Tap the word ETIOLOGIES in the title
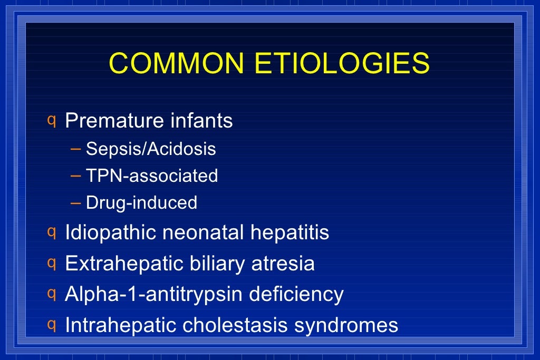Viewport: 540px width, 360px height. coord(342,63)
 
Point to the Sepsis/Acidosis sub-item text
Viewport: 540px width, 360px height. coord(151,149)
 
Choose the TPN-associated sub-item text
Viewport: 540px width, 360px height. coord(152,176)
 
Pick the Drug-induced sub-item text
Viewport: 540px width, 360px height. coord(141,202)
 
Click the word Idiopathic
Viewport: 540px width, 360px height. coord(110,232)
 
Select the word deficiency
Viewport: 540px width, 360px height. coord(296,294)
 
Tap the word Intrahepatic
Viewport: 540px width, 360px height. coord(121,325)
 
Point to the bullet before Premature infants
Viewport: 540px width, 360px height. coord(52,120)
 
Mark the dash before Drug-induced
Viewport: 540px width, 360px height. coord(75,202)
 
